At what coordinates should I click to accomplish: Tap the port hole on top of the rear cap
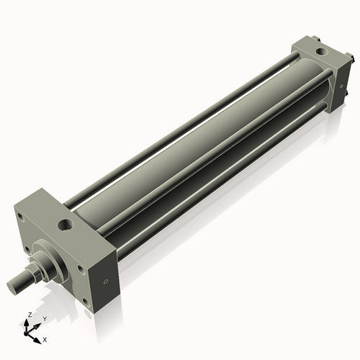coord(318,52)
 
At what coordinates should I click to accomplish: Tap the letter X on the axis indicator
coord(45,338)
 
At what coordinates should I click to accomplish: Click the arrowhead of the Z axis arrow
coord(27,321)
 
